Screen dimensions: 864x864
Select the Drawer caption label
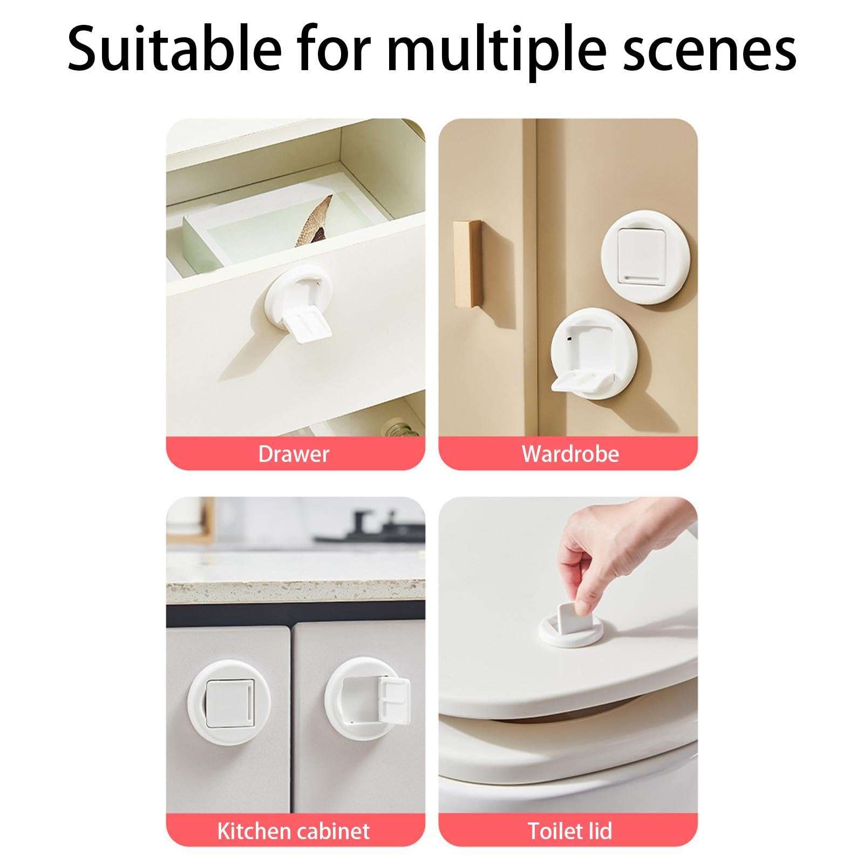click(x=294, y=454)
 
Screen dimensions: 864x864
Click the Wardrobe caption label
click(x=570, y=454)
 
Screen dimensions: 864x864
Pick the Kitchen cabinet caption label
click(x=294, y=831)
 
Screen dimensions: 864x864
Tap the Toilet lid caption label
click(x=570, y=831)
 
